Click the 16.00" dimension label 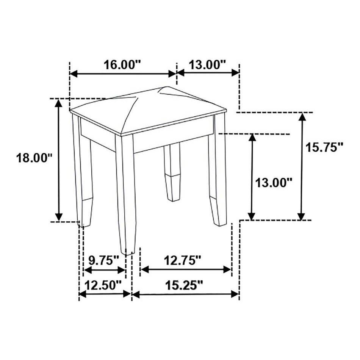(122, 65)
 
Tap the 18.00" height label (34, 158)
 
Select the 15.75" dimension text (324, 147)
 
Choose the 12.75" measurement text (183, 260)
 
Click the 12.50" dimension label (103, 285)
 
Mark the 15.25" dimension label (184, 285)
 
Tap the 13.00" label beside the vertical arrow (274, 183)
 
